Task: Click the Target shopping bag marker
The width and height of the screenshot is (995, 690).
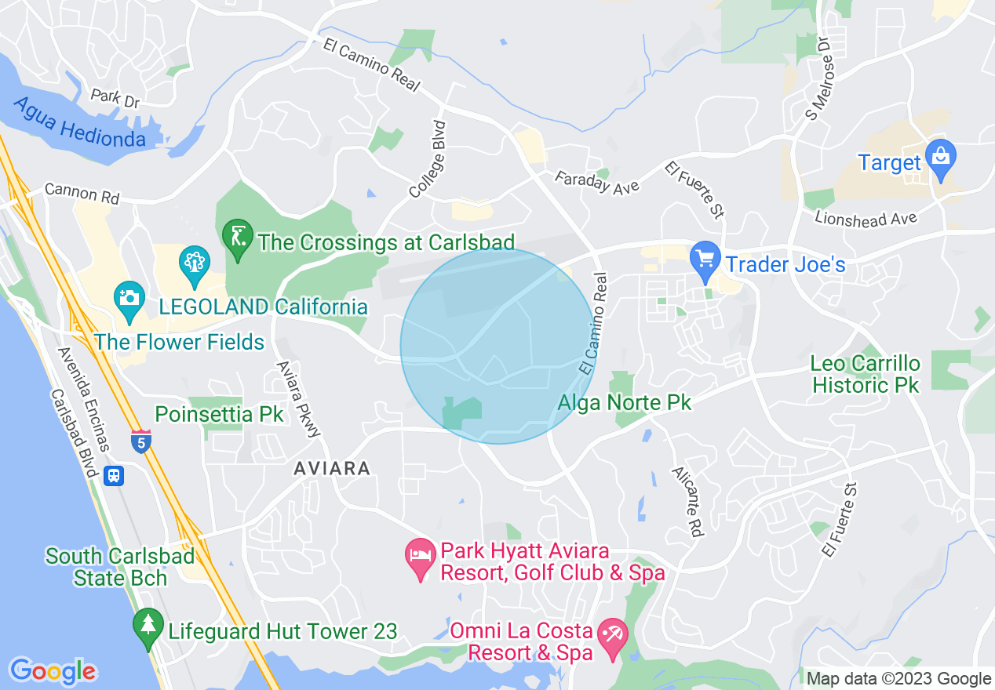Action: click(x=939, y=155)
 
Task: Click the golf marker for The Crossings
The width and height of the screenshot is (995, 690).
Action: click(x=238, y=234)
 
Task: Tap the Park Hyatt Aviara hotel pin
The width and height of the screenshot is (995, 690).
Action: click(x=420, y=556)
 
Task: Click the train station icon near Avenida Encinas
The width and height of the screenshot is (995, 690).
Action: click(x=115, y=475)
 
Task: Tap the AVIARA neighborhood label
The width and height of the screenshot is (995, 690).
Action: click(x=331, y=468)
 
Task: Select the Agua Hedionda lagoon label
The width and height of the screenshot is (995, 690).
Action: click(x=79, y=122)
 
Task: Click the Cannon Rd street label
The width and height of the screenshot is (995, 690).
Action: click(x=82, y=193)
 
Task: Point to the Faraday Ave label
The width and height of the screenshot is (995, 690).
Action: click(x=596, y=182)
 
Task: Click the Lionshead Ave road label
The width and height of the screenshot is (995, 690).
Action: click(x=866, y=218)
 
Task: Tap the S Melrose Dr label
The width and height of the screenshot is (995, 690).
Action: click(x=818, y=78)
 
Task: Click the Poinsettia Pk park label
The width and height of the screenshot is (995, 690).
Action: click(x=208, y=414)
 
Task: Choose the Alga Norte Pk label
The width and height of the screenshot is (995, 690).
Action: click(x=625, y=403)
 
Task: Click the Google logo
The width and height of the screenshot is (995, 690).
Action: click(x=53, y=671)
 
